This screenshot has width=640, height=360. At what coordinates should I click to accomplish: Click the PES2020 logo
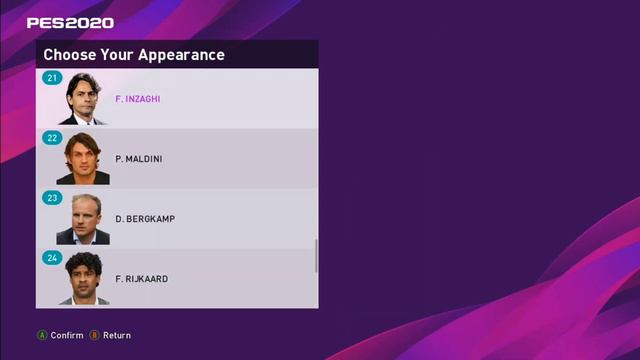coord(70,22)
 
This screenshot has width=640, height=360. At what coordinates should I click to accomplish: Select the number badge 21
coord(52,78)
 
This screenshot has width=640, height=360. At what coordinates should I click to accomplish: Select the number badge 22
coord(52,138)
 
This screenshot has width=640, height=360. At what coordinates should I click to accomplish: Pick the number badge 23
coord(52,198)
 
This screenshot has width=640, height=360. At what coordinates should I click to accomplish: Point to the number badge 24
coord(52,258)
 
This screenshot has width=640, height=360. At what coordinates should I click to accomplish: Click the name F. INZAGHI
coord(138,99)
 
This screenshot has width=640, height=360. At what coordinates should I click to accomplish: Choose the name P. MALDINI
coord(139,159)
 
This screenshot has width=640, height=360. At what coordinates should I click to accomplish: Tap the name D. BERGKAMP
coord(145,219)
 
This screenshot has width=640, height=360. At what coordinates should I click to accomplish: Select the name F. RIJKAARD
coord(142,279)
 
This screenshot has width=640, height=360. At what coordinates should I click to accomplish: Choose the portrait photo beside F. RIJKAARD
coord(83,279)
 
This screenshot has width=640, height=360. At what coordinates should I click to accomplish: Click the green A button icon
coord(42,335)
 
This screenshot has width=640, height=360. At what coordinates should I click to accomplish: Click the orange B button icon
coord(94,335)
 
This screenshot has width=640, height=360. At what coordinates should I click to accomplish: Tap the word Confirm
coord(67,335)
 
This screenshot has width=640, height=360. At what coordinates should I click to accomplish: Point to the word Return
coord(117,335)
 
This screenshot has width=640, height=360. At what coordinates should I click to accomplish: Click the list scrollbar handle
coord(317,256)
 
